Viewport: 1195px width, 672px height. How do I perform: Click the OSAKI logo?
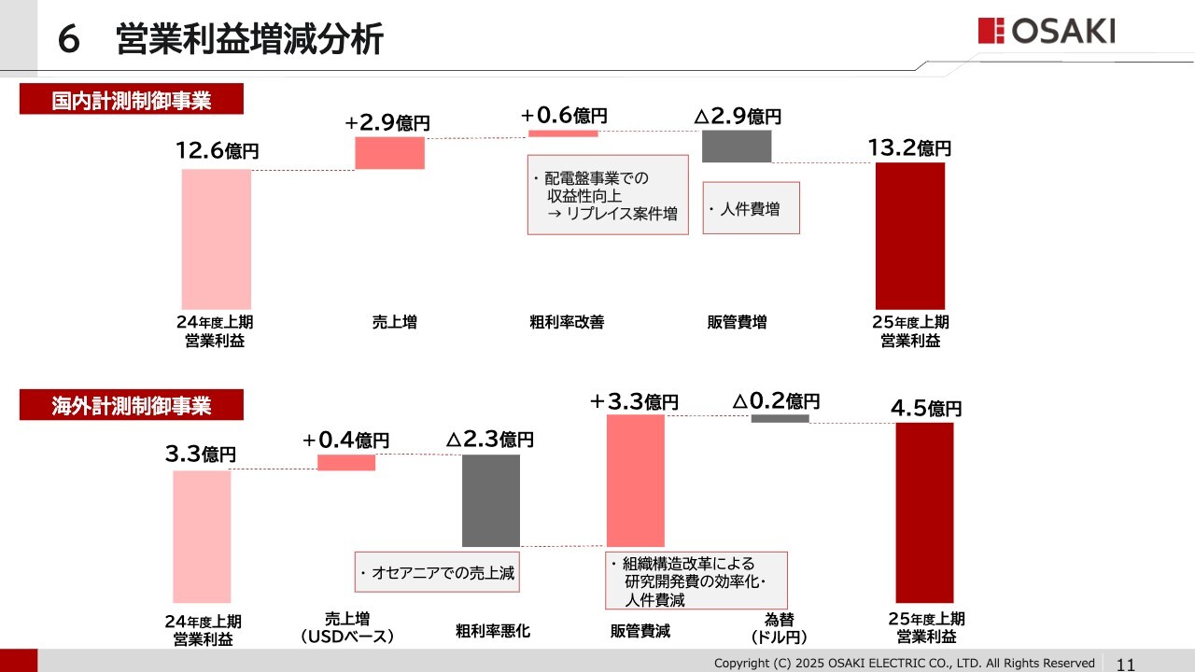click(1047, 31)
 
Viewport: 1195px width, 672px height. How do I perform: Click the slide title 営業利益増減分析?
click(249, 40)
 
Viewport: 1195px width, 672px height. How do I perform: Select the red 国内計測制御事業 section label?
click(132, 99)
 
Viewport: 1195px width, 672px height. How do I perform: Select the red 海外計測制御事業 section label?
click(132, 406)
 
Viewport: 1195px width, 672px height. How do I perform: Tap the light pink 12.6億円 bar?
click(217, 239)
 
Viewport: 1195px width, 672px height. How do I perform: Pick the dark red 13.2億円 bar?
click(910, 235)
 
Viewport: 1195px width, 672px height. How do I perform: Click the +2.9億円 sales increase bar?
click(389, 153)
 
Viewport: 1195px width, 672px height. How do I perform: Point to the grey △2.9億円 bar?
click(737, 147)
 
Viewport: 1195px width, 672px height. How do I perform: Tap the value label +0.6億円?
click(564, 116)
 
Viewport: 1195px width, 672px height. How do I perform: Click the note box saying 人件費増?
click(752, 208)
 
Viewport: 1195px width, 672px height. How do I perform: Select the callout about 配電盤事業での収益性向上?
click(608, 195)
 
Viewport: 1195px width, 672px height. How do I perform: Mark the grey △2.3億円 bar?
click(491, 500)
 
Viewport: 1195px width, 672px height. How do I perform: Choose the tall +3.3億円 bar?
click(636, 481)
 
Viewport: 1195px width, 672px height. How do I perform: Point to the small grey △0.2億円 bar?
click(780, 418)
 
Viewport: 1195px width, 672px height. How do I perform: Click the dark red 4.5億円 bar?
click(924, 512)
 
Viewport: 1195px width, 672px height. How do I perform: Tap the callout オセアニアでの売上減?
click(437, 572)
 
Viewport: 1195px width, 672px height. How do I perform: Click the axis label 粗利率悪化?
click(493, 631)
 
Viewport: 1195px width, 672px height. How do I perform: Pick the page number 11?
click(1125, 664)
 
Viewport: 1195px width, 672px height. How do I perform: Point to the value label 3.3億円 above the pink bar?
click(200, 455)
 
